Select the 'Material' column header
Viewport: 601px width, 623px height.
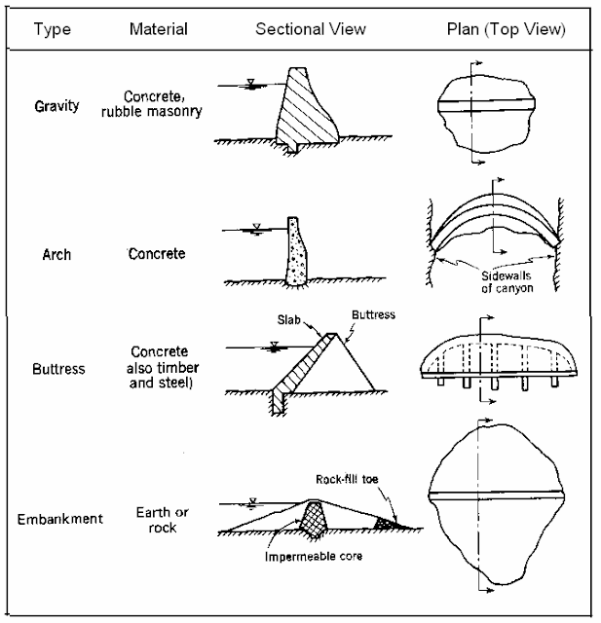[158, 29]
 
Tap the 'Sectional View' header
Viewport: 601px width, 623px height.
[310, 29]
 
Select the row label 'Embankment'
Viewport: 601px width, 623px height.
[59, 519]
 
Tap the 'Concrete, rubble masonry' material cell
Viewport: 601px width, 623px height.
[163, 103]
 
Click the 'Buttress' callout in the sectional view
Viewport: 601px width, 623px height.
[372, 314]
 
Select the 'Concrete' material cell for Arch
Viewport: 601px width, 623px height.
[158, 254]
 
